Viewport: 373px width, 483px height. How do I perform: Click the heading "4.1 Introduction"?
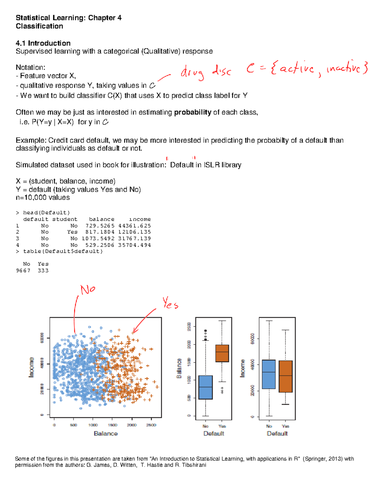click(x=43, y=43)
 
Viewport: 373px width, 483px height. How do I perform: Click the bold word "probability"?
click(x=193, y=112)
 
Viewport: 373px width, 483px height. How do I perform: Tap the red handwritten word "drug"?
click(x=193, y=73)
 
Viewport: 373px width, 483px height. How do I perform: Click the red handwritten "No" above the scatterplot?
click(x=88, y=290)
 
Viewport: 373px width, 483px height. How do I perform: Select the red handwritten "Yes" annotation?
click(x=170, y=303)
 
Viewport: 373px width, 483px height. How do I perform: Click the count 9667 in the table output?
click(x=23, y=271)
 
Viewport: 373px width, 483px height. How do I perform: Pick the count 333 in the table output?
click(x=43, y=271)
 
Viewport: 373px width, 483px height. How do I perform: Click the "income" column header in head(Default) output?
click(x=140, y=219)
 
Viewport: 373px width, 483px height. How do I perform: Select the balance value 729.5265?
click(x=100, y=226)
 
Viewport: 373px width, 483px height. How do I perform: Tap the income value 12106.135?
click(x=135, y=232)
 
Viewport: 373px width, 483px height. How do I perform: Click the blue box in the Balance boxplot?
click(x=205, y=387)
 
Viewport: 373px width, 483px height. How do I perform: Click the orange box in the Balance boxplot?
click(x=222, y=353)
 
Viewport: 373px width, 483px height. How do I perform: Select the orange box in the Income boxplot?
click(x=286, y=376)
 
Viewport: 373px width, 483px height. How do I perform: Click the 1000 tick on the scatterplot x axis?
click(x=93, y=425)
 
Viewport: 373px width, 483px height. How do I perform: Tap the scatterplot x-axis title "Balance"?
click(x=106, y=434)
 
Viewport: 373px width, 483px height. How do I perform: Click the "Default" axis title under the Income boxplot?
click(x=277, y=434)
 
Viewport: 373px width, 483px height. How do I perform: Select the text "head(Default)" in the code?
click(x=47, y=213)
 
